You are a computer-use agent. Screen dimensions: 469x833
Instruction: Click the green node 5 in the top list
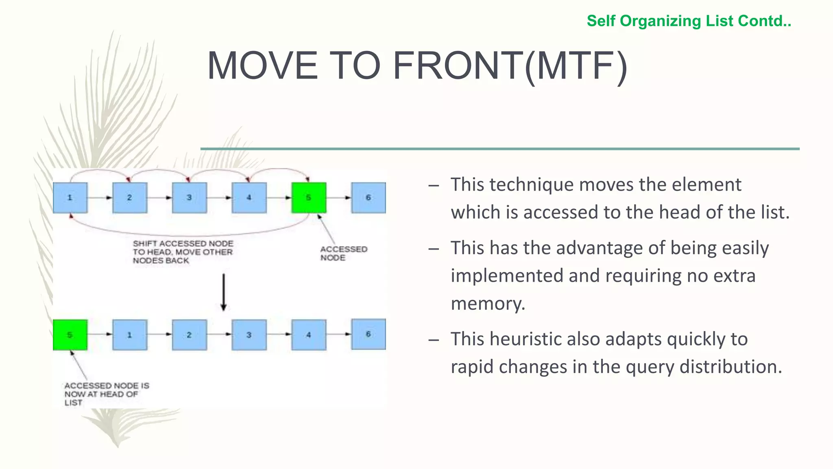(309, 197)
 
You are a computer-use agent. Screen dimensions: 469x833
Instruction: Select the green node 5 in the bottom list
(70, 335)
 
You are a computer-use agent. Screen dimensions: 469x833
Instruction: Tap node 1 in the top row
(70, 197)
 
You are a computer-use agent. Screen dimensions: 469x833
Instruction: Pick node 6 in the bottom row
(369, 334)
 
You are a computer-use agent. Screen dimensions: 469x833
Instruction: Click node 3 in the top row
(189, 197)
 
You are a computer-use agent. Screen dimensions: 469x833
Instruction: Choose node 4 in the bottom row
(309, 335)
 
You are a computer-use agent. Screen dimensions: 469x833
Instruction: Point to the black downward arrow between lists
(223, 292)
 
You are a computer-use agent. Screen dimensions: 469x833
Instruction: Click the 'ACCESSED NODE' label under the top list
(343, 253)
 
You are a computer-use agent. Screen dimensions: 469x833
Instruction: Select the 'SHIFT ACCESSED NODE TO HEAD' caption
(183, 252)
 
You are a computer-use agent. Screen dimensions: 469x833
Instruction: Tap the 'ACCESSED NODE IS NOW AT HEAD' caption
(106, 393)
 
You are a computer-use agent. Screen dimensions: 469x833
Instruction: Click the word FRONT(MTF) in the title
(510, 66)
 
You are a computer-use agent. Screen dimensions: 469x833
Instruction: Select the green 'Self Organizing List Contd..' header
(689, 21)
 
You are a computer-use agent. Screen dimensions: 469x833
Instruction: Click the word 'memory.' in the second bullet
(488, 303)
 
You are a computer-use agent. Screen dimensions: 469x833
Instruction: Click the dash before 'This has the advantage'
(434, 248)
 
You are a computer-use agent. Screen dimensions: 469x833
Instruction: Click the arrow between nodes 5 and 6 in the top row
(339, 197)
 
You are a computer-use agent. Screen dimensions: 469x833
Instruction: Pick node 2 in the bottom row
(189, 335)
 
